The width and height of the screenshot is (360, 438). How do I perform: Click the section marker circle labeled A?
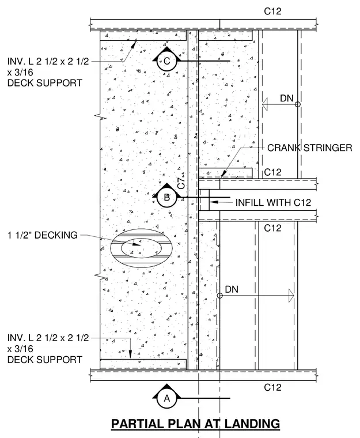(166, 398)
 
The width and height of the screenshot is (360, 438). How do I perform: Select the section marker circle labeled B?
(166, 197)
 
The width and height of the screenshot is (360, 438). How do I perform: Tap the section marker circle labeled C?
(166, 61)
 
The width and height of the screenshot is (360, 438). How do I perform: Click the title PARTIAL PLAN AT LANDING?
(195, 424)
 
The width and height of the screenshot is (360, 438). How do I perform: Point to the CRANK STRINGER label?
(310, 148)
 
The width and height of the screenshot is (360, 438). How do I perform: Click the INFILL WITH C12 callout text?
(273, 202)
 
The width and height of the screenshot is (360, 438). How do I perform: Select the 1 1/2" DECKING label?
(43, 235)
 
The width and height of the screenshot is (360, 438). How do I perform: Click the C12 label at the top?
(272, 11)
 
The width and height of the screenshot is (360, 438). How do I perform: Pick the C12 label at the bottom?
(272, 387)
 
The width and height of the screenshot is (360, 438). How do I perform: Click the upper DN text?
(286, 99)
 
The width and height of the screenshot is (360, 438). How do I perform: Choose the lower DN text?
(232, 289)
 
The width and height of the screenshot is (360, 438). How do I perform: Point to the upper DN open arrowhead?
(265, 104)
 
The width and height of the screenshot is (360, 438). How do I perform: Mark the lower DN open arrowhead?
(291, 296)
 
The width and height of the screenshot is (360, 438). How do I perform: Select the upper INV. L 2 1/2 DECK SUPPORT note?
(48, 72)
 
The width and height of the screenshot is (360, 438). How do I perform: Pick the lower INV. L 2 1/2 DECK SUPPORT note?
(48, 349)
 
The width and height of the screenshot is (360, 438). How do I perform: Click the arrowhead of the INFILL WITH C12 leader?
(213, 202)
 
